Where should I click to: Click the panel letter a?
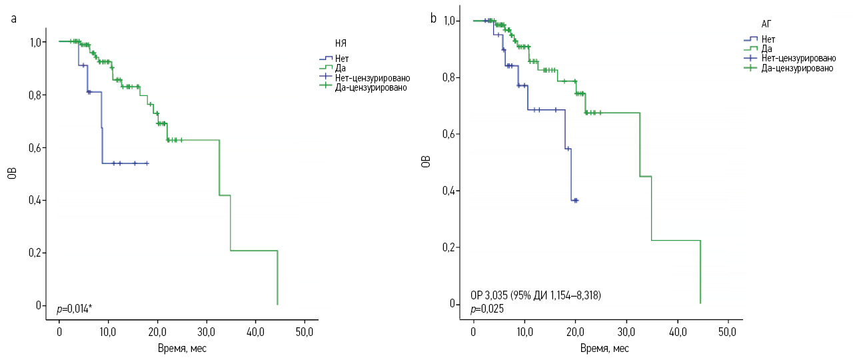pyautogui.click(x=14, y=19)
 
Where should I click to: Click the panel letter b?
pyautogui.click(x=433, y=19)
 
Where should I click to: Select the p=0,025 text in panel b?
pyautogui.click(x=486, y=309)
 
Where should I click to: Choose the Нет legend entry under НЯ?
pyautogui.click(x=342, y=58)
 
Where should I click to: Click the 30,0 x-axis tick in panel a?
pyautogui.click(x=207, y=331)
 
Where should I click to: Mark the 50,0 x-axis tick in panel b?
pyautogui.click(x=728, y=331)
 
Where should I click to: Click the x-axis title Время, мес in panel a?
pyautogui.click(x=182, y=348)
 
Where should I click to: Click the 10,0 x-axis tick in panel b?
pyautogui.click(x=524, y=331)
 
